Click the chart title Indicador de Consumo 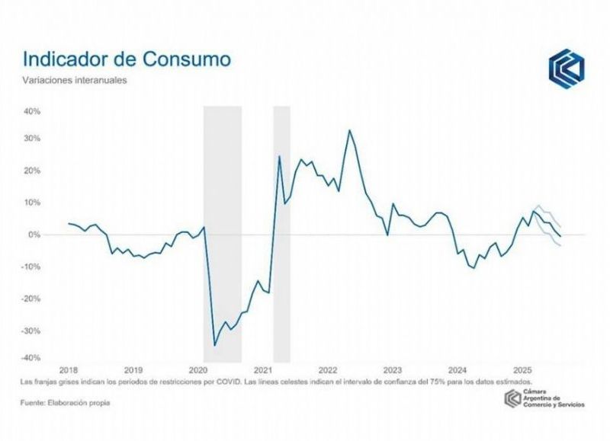127,59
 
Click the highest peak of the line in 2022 349,130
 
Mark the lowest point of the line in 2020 214,345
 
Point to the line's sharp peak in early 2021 279,156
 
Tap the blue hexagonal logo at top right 566,68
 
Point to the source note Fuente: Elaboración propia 65,402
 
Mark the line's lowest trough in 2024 474,268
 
